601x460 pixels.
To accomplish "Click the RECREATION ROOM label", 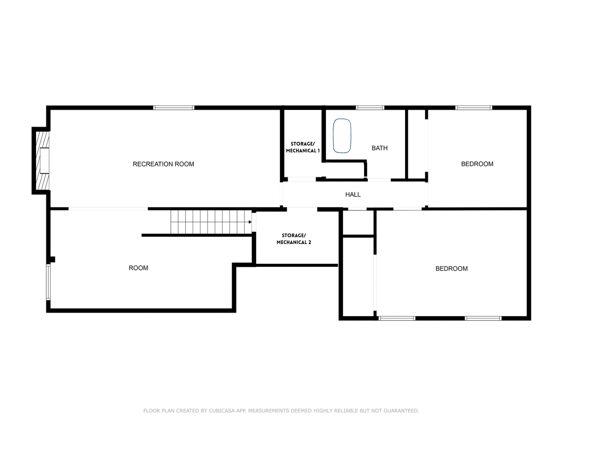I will tap(163, 164).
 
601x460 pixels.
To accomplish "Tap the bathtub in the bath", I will tap(342, 136).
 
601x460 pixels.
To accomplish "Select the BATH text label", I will tap(380, 148).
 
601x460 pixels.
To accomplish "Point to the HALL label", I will tap(353, 194).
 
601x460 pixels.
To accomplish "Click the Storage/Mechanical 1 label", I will tap(303, 147).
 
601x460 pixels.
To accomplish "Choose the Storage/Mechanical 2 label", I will tap(294, 239).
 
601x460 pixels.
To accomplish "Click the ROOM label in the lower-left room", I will tap(138, 268).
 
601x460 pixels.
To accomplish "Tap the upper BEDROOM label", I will tap(477, 164).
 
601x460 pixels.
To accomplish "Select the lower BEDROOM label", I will tap(451, 268).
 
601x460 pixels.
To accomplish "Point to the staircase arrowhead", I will tap(250, 222).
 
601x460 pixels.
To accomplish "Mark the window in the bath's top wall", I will tap(370, 108).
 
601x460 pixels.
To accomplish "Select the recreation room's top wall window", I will tap(174, 108).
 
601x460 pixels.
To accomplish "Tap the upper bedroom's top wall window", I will tap(474, 108).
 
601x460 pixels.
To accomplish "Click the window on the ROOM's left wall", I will tap(48, 282).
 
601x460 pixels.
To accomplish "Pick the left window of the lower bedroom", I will tap(397, 318).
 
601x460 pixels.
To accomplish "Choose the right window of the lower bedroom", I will tap(483, 318).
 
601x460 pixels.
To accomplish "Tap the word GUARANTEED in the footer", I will tap(400, 411).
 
